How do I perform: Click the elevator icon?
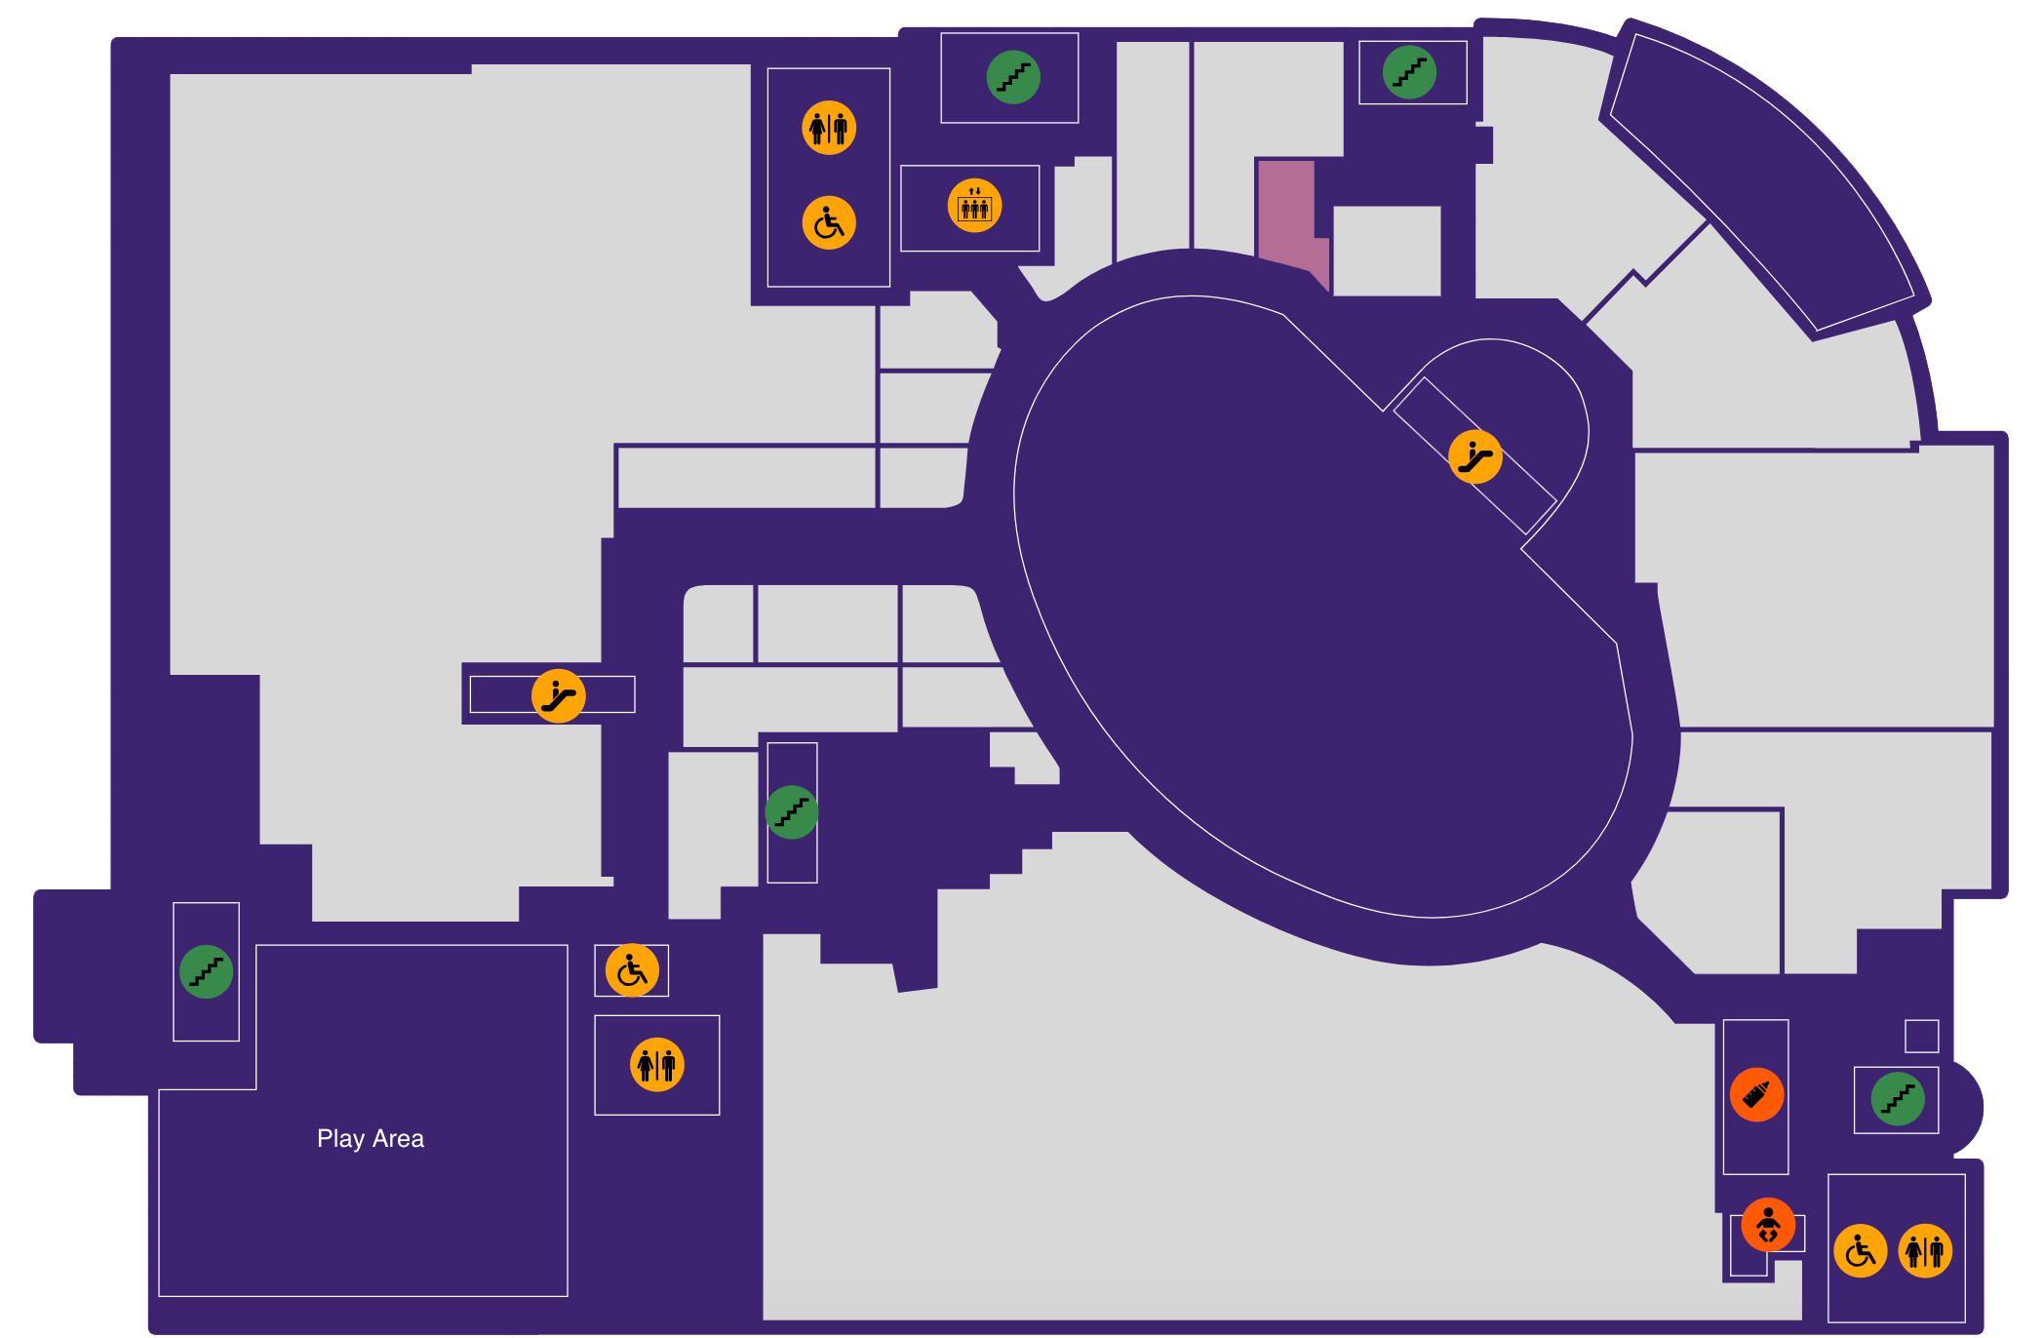click(974, 206)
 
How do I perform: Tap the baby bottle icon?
click(1756, 1094)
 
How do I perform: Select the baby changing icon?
click(1768, 1224)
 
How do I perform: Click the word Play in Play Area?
click(340, 1139)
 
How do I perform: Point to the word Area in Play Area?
click(398, 1138)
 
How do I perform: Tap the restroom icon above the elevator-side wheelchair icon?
click(829, 128)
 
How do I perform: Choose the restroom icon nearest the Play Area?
click(657, 1064)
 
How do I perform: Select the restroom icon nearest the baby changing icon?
click(1925, 1250)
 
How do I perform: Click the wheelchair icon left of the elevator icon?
click(829, 222)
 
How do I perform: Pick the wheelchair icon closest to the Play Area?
click(632, 970)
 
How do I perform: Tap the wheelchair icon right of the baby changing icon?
click(1861, 1250)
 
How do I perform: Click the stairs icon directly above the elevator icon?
click(1013, 77)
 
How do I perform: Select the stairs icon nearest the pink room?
click(1409, 72)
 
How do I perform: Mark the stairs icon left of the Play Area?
click(206, 971)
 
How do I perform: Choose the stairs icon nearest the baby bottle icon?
click(1898, 1099)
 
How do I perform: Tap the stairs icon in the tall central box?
click(791, 812)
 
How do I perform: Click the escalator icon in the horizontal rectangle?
click(558, 695)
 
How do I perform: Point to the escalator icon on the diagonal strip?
click(1474, 456)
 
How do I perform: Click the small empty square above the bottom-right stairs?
click(1921, 1036)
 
